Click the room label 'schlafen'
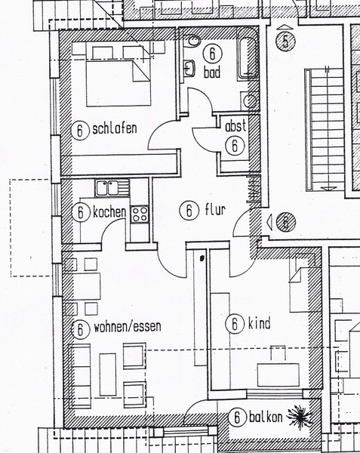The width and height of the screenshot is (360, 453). click(115, 129)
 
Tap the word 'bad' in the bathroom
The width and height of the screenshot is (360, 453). click(212, 72)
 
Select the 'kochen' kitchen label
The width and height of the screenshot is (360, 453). click(109, 212)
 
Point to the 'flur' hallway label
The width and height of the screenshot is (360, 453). click(215, 209)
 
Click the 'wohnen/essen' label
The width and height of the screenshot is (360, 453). click(128, 327)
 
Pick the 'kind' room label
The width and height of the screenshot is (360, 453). click(260, 323)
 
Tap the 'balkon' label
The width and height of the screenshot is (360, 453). click(266, 418)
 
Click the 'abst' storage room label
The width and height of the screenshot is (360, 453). click(235, 126)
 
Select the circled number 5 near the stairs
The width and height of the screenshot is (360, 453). click(285, 42)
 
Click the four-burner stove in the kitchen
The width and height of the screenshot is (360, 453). click(140, 214)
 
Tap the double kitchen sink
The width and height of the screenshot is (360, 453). click(112, 188)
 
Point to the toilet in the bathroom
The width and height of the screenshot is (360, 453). click(192, 41)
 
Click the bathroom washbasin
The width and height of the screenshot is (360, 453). click(189, 68)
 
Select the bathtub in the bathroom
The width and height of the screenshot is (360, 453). click(247, 54)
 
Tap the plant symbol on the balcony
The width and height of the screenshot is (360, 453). click(300, 417)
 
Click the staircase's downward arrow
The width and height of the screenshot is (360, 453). click(328, 188)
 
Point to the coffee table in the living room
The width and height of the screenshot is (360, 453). click(108, 374)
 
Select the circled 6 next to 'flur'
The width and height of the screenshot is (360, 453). click(189, 210)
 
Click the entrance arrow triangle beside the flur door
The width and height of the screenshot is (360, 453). click(269, 223)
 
